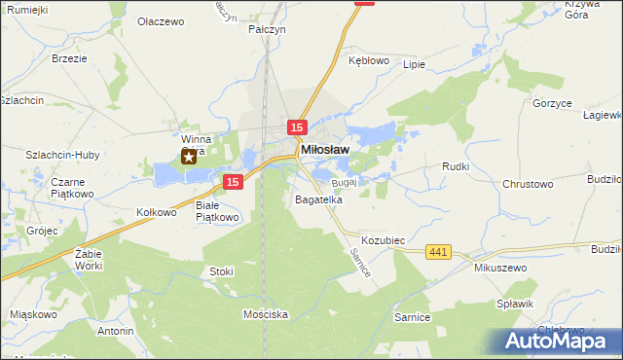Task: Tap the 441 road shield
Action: click(438, 253)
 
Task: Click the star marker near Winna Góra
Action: click(189, 157)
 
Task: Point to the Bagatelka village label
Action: click(318, 199)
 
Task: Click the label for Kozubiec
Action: click(383, 239)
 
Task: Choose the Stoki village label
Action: click(221, 271)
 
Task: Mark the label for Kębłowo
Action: click(369, 59)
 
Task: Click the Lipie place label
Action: click(414, 65)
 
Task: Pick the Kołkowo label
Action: click(156, 211)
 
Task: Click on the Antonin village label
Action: click(115, 331)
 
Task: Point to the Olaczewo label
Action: click(162, 20)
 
